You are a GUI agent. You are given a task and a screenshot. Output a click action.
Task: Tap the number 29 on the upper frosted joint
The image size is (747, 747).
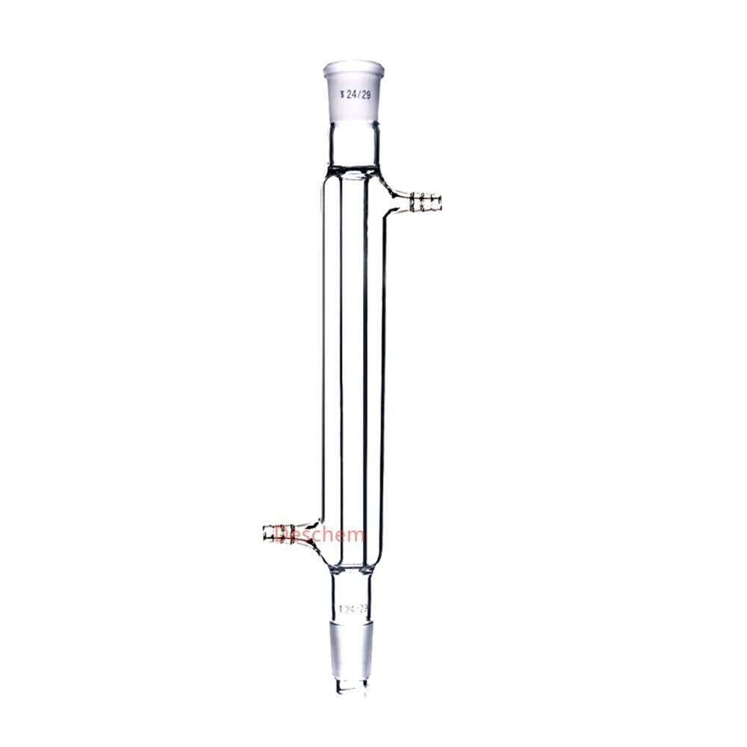(x=365, y=95)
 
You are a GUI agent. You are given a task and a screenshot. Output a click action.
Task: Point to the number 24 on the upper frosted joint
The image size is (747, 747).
(x=350, y=95)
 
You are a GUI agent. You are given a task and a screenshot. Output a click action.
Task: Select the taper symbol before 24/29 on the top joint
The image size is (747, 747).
(x=341, y=95)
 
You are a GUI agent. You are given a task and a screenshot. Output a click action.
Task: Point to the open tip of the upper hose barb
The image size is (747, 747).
(x=440, y=201)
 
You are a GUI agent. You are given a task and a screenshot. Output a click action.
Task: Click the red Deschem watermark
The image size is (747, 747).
(x=320, y=534)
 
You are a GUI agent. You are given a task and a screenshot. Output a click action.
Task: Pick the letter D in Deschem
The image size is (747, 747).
(x=282, y=534)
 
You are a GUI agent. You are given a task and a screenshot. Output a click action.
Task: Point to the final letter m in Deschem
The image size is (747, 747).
(x=357, y=535)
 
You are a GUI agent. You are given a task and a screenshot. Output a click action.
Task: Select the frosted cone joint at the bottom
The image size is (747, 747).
(x=352, y=646)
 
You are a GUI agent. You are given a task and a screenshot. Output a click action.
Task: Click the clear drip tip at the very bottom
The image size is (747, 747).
(x=352, y=686)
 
